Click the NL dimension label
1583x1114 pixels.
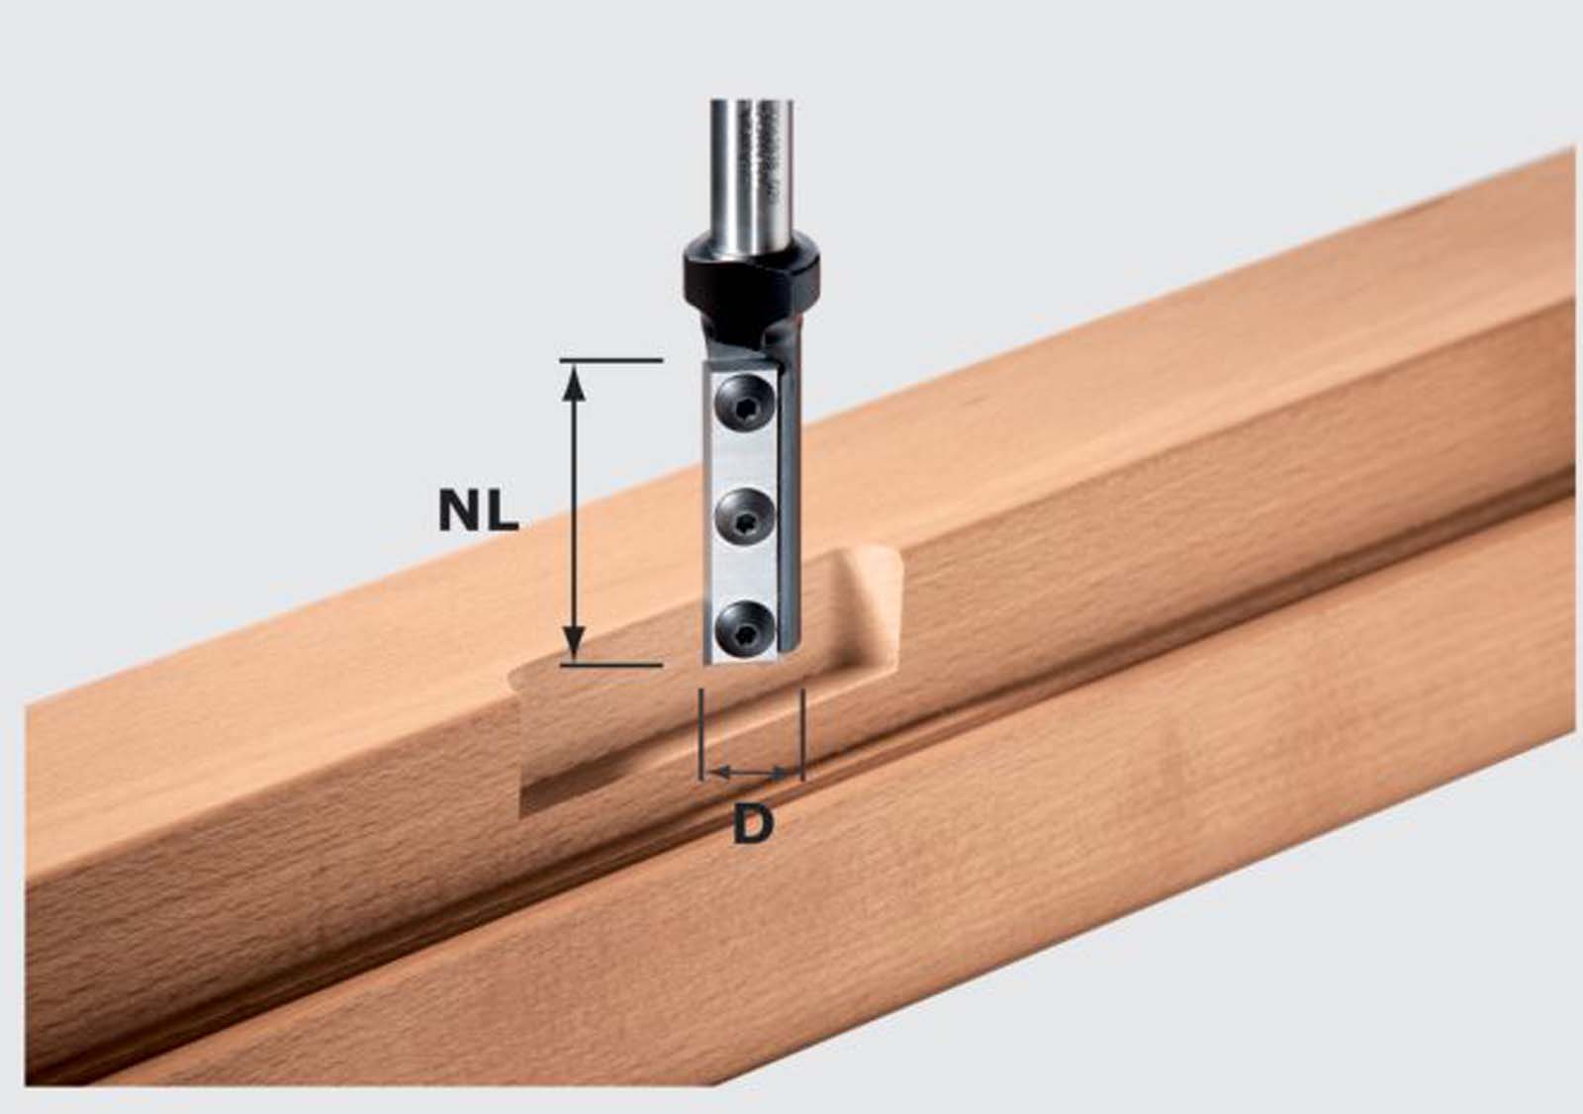point(479,511)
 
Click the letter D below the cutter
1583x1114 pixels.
point(753,824)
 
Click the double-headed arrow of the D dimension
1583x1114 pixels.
point(752,770)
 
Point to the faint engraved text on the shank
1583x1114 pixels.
point(770,148)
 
